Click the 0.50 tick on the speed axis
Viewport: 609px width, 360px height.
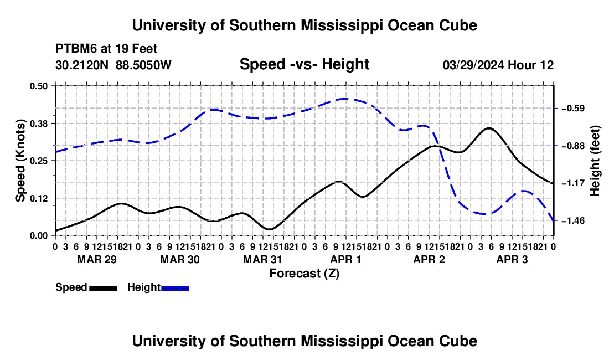[x=38, y=86]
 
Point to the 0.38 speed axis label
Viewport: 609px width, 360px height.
[x=38, y=124]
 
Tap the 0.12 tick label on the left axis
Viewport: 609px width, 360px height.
[x=38, y=198]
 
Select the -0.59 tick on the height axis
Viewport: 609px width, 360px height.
[x=573, y=109]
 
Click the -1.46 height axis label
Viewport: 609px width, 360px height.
[x=573, y=220]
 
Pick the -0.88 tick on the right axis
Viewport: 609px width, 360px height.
[x=573, y=146]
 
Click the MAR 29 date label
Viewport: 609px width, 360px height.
[x=97, y=259]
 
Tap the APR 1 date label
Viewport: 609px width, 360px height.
[x=345, y=259]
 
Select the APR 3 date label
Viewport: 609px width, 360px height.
[x=512, y=259]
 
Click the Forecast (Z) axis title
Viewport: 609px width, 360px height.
[x=304, y=274]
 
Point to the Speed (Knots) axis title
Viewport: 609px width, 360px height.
[x=20, y=161]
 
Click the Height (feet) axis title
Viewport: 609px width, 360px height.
[x=595, y=161]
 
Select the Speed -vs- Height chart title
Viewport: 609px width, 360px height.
[x=304, y=64]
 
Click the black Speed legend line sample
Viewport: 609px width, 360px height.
[x=104, y=288]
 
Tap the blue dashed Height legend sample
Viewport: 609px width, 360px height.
[x=175, y=288]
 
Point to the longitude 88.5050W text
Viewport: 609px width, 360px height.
[x=143, y=65]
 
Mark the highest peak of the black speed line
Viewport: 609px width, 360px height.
[x=489, y=128]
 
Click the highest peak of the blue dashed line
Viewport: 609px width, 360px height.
[x=344, y=99]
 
